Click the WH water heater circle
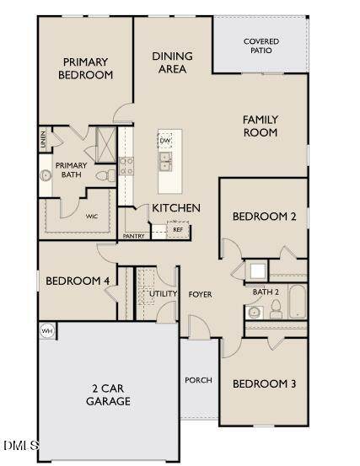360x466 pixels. pos(47,331)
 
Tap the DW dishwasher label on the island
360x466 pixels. pos(164,140)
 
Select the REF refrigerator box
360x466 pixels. pos(178,229)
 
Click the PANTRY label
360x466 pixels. pos(133,236)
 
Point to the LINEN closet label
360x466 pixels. pos(43,139)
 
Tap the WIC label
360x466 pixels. pos(92,217)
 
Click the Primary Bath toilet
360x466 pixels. pos(106,175)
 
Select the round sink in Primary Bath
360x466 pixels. pos(46,175)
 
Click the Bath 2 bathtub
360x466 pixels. pos(298,302)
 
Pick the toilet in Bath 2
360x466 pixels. pos(276,309)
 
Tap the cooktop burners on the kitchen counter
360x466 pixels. pos(126,166)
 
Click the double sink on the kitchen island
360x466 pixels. pos(165,161)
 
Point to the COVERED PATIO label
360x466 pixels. pos(261,46)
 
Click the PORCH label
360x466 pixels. pos(198,380)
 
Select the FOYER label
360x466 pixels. pos(200,294)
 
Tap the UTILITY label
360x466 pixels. pos(163,293)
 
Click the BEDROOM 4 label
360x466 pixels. pos(78,281)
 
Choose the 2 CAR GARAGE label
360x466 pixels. pos(108,394)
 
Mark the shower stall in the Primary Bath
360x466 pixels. pos(106,145)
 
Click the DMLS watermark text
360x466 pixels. pos(21,445)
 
